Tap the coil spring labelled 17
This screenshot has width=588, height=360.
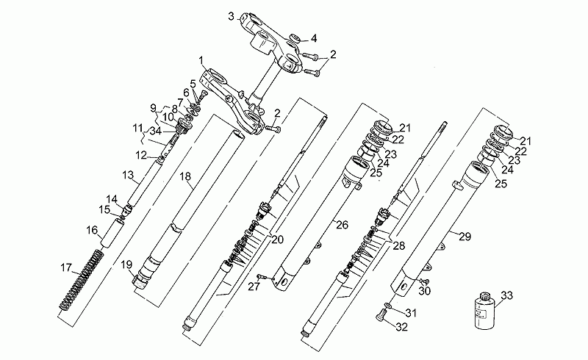point(82,280)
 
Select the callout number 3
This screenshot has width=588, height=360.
point(232,16)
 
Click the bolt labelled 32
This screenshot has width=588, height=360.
point(380,317)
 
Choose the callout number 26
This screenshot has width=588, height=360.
point(342,225)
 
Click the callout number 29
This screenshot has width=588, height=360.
point(465,237)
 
